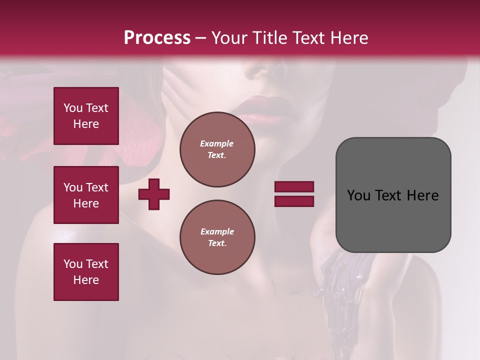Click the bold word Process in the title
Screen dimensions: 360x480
(x=157, y=38)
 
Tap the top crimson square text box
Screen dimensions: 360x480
(x=86, y=116)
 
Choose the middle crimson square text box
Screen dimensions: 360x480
(x=86, y=195)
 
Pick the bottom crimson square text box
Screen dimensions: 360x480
(x=86, y=272)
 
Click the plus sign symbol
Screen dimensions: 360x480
(x=154, y=194)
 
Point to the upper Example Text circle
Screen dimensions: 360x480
(x=217, y=149)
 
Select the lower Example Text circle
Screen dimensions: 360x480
(x=217, y=237)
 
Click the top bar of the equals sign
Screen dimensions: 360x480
(x=294, y=186)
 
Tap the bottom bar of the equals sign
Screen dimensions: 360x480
(x=294, y=201)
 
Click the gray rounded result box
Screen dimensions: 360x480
(x=393, y=195)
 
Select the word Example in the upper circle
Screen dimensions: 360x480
(x=217, y=143)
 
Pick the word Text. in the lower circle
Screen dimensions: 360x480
(x=217, y=243)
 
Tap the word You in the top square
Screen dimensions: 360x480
(x=73, y=108)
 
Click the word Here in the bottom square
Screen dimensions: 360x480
(x=86, y=280)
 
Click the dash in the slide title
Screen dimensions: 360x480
(x=201, y=38)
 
